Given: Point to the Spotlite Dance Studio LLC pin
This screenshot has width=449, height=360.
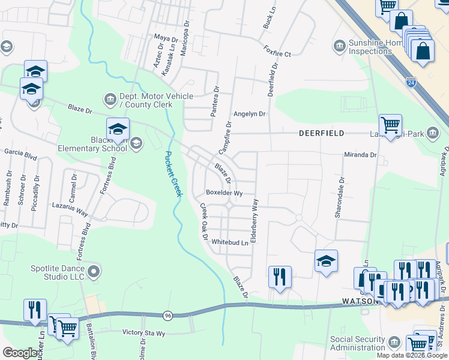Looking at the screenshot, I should [x=94, y=272].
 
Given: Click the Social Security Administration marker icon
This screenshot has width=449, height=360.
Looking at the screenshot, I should [x=394, y=343].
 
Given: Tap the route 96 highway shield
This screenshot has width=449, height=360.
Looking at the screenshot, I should [x=167, y=314].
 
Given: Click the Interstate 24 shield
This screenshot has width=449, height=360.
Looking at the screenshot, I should [x=411, y=81].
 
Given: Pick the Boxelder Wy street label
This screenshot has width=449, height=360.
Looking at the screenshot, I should [x=224, y=193].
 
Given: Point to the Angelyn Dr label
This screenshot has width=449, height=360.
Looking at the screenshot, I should [x=249, y=113].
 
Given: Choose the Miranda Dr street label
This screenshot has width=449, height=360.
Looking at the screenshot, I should [x=360, y=155].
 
